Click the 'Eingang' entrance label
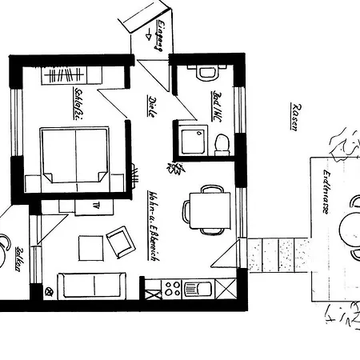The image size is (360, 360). pyautogui.click(x=159, y=36)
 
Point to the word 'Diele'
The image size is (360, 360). pyautogui.click(x=151, y=106)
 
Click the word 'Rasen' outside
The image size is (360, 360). pyautogui.click(x=294, y=118)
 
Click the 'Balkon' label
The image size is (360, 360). pyautogui.click(x=17, y=261)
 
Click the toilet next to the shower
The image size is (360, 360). pyautogui.click(x=223, y=144)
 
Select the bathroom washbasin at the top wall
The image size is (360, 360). pyautogui.click(x=206, y=72)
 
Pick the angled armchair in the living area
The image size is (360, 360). pyautogui.click(x=120, y=241)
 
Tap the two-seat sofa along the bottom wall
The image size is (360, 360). pyautogui.click(x=93, y=284)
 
